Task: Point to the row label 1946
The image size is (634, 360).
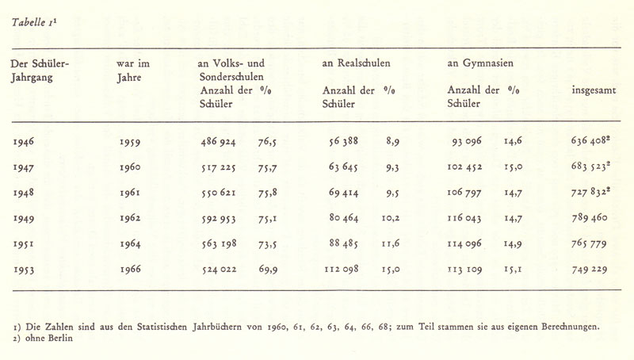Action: [29, 142]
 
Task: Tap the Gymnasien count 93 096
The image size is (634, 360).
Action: [472, 142]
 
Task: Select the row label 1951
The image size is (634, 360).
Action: [29, 243]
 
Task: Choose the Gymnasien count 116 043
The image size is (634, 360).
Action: [469, 218]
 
